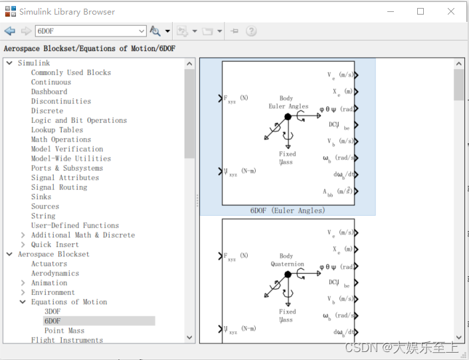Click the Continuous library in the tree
point(51,82)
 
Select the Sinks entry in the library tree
point(41,197)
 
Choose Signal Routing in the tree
point(59,187)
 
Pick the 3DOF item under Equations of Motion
point(52,311)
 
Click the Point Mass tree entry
point(64,330)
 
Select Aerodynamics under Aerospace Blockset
point(55,273)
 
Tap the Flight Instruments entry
point(67,340)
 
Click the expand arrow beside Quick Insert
point(23,244)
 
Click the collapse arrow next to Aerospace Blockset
point(9,254)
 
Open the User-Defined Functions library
point(75,225)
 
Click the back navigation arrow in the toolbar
point(9,31)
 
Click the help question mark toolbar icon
point(251,31)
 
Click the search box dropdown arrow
point(141,31)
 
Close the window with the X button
point(451,11)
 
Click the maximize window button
point(421,11)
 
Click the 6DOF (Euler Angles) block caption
point(288,211)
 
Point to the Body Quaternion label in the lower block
point(287,260)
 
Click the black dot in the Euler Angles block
point(288,116)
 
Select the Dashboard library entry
point(49,92)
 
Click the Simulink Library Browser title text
point(66,12)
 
